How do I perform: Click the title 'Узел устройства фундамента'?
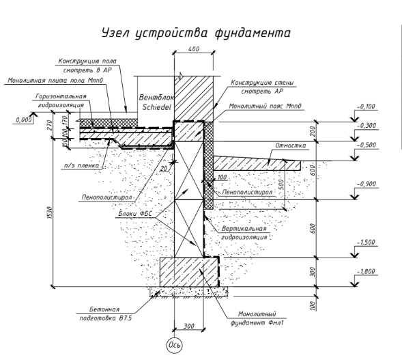[196, 33]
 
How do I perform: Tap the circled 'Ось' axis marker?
[174, 345]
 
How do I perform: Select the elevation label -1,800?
[367, 271]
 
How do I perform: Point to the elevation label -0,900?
[367, 184]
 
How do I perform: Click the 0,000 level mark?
[24, 120]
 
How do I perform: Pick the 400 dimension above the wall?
[194, 49]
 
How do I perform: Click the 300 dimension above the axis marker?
[189, 326]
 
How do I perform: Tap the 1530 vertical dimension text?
[50, 212]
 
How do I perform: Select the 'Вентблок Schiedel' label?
[156, 102]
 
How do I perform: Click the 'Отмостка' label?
[291, 146]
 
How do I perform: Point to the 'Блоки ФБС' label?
[135, 214]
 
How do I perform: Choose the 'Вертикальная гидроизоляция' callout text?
[244, 233]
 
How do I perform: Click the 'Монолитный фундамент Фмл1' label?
[257, 318]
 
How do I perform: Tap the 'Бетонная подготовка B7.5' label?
[105, 314]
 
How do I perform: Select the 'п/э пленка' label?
[81, 165]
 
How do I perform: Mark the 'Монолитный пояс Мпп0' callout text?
[265, 106]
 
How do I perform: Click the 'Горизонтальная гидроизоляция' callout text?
[61, 100]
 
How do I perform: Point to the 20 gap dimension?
[163, 169]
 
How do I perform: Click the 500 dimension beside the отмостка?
[281, 184]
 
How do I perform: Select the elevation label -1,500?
[366, 243]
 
